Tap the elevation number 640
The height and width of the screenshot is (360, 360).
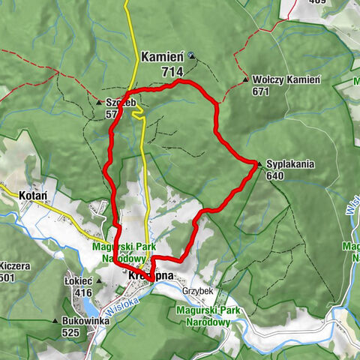pyautogui.click(x=275, y=176)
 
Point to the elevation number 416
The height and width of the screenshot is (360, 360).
pyautogui.click(x=83, y=292)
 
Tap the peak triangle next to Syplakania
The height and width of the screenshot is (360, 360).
pyautogui.click(x=259, y=163)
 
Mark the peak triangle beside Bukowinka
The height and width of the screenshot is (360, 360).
pyautogui.click(x=54, y=320)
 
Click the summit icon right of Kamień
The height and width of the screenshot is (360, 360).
pyautogui.click(x=191, y=55)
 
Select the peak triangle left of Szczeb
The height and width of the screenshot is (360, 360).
pyautogui.click(x=99, y=103)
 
